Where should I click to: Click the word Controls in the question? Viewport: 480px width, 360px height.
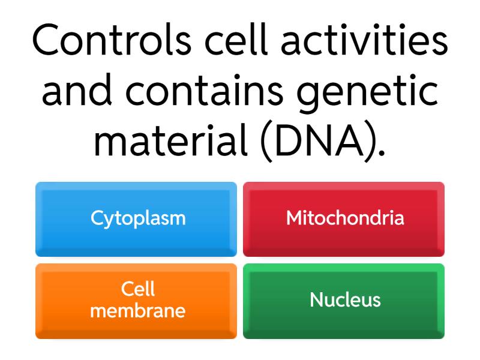[112, 40]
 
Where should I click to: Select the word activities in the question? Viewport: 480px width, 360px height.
[364, 40]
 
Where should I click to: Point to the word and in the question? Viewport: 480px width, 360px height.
[77, 91]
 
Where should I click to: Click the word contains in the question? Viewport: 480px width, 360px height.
[205, 91]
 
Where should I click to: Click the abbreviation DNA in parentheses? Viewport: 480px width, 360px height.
[319, 141]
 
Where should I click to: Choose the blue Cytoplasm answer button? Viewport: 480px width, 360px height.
[136, 219]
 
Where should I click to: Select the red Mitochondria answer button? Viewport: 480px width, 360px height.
[344, 219]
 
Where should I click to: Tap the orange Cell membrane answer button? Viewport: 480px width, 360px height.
[136, 301]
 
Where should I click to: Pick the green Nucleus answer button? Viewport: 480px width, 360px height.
[344, 301]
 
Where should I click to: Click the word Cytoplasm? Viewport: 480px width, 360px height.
[138, 219]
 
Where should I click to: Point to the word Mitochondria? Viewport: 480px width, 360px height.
[346, 218]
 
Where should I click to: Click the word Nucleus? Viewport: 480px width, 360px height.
[346, 299]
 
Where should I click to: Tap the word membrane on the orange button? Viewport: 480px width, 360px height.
[138, 310]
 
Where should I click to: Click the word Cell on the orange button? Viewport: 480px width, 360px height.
[138, 289]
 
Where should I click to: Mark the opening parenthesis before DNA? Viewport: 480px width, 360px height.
[266, 143]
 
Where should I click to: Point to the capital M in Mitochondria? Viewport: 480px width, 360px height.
[295, 218]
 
